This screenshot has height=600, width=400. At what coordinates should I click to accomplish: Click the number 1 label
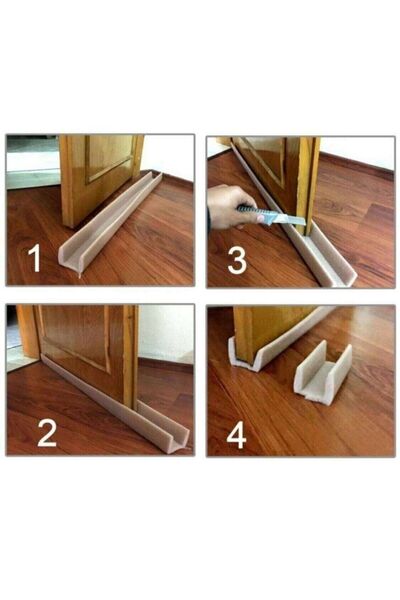(x=35, y=260)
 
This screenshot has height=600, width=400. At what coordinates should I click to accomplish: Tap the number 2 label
(x=46, y=431)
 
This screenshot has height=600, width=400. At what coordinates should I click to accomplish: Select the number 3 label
(x=236, y=260)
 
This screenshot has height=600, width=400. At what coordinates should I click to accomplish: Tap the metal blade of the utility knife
(x=286, y=219)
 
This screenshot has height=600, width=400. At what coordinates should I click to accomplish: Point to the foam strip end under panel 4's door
(x=245, y=355)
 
